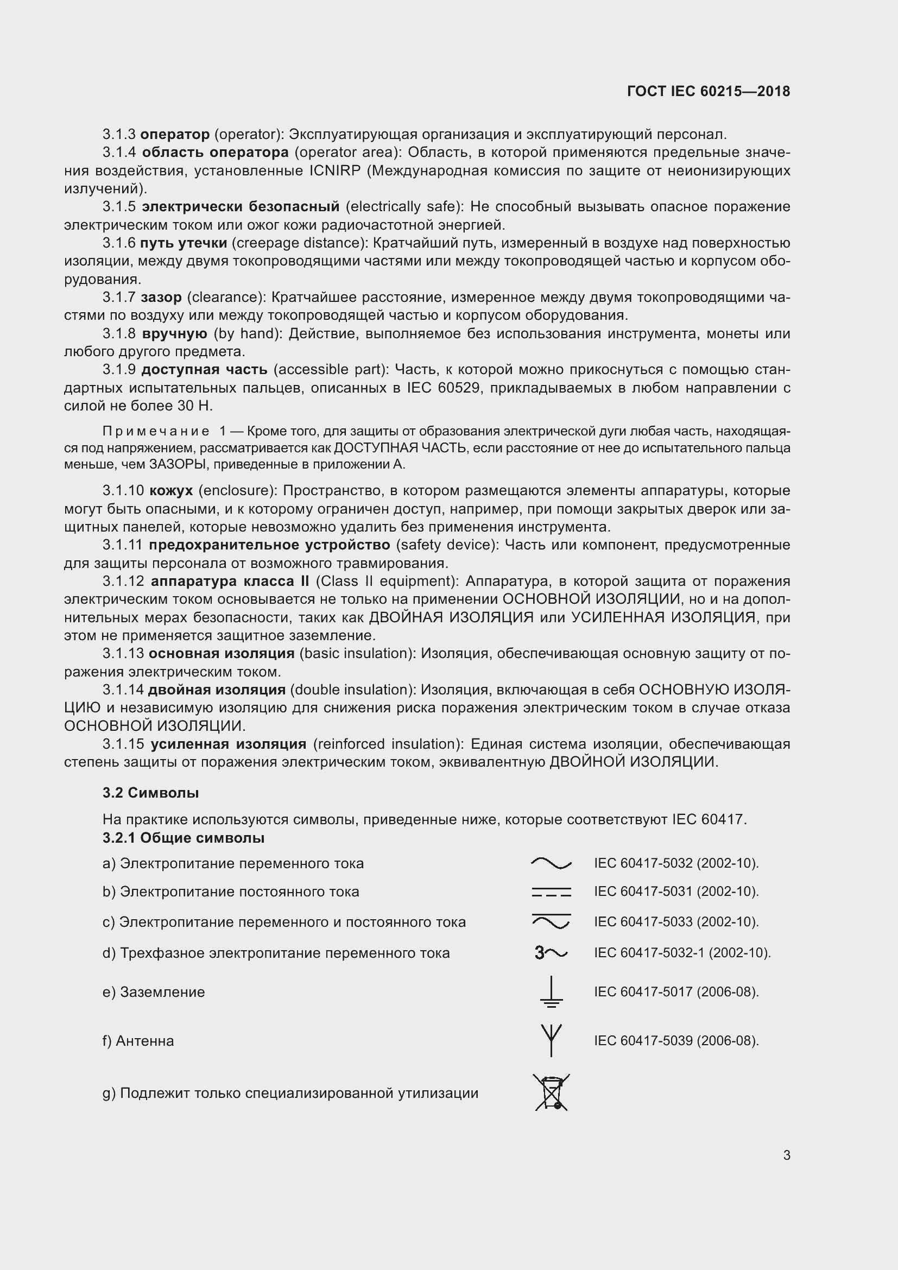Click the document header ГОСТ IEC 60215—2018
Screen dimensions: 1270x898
click(x=709, y=91)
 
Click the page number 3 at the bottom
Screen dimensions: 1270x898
click(x=786, y=1155)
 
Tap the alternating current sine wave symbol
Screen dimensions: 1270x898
click(x=551, y=863)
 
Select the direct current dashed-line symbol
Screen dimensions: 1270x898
click(x=551, y=892)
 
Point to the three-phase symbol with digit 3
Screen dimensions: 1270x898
click(x=550, y=953)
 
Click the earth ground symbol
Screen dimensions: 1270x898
click(x=551, y=991)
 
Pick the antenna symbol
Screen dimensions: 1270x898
click(x=551, y=1040)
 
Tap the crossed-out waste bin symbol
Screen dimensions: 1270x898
click(x=551, y=1092)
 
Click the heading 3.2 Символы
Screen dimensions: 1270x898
click(x=150, y=793)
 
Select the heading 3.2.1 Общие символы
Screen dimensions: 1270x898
click(x=183, y=837)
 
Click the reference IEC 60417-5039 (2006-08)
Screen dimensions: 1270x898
click(x=676, y=1040)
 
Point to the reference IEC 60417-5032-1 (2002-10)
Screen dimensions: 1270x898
click(x=682, y=952)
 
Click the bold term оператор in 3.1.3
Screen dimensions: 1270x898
click(x=175, y=134)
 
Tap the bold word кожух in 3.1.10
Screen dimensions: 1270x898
click(x=171, y=491)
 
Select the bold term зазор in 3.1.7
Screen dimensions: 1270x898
click(x=161, y=297)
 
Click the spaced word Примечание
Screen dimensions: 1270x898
click(x=156, y=431)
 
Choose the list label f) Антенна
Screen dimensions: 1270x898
click(x=138, y=1040)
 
